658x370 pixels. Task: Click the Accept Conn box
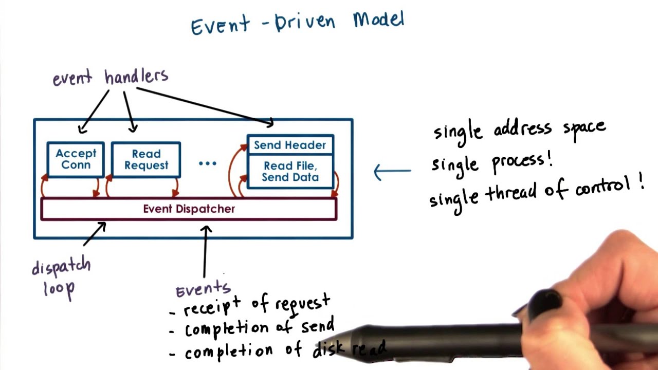point(76,159)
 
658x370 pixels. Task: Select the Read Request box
point(146,159)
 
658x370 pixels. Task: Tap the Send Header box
point(290,145)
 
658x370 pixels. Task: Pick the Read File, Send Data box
point(290,172)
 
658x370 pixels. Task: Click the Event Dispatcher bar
point(189,209)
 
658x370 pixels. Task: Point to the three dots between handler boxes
point(208,163)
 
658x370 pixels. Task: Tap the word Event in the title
point(221,25)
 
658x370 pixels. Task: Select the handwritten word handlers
point(136,77)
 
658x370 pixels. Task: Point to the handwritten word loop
point(59,288)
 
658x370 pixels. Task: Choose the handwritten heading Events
point(203,290)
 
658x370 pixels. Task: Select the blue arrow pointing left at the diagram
point(392,172)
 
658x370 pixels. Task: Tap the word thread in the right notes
point(511,192)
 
